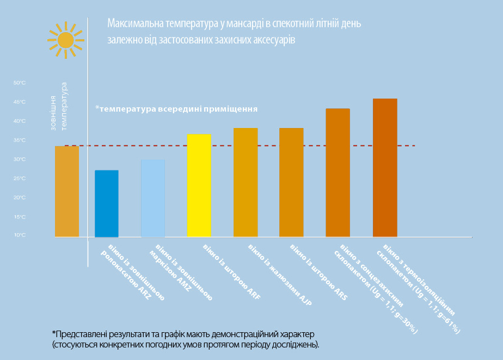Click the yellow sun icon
65,40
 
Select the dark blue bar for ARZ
107,204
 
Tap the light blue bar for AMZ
153,198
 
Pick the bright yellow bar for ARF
199,185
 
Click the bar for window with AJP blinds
246,182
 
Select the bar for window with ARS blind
291,182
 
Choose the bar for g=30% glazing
338,173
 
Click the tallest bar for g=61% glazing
385,168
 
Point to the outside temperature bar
67,191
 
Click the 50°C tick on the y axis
20,83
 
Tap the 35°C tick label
20,140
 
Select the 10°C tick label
20,235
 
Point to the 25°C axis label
20,178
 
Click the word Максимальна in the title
128,25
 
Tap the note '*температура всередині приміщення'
176,108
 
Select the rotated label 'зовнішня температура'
59,106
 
